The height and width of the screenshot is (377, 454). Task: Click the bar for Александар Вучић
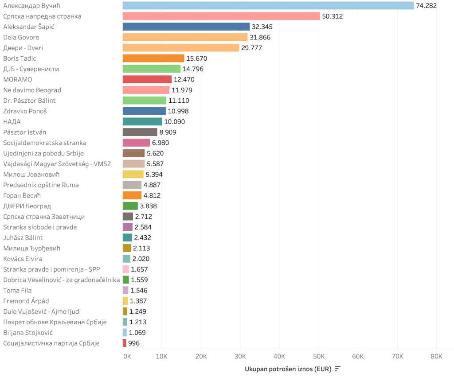pos(268,6)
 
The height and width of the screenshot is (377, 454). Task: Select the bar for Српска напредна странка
pos(221,16)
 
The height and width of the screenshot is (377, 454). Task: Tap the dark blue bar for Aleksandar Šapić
pos(186,27)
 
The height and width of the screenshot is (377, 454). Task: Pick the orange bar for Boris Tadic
pos(153,58)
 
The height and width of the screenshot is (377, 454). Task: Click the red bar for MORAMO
pos(147,79)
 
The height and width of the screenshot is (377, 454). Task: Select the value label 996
pos(134,343)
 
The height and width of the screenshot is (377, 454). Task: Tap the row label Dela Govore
pos(21,37)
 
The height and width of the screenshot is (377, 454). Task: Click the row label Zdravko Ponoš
pos(25,111)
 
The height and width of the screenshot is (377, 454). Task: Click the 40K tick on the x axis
pos(279,357)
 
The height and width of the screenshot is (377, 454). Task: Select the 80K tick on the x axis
pos(436,357)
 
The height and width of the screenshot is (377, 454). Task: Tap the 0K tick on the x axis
pos(127,357)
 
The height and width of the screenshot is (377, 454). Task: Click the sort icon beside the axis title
pos(338,369)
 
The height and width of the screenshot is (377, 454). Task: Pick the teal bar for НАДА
pos(142,122)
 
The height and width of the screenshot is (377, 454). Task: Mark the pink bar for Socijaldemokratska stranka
pos(136,143)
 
